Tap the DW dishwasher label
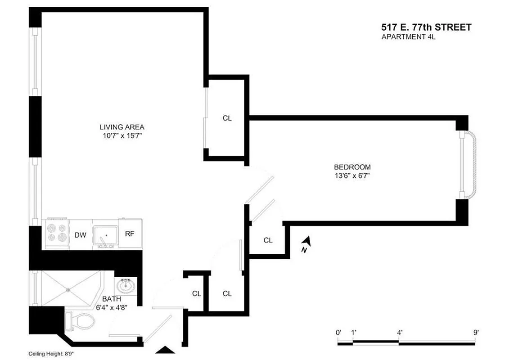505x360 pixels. [80, 235]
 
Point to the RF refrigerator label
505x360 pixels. [130, 234]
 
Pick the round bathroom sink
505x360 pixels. [125, 285]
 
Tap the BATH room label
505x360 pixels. [111, 299]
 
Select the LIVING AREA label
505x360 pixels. [122, 127]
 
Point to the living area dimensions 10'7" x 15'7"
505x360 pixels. [122, 135]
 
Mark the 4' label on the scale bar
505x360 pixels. [400, 332]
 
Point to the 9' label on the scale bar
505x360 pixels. [476, 332]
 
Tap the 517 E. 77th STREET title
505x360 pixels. [426, 27]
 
